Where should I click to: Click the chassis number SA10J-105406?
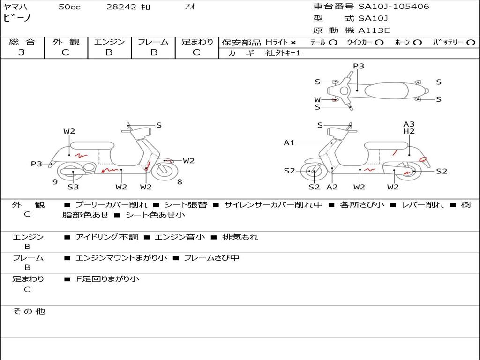click(394, 7)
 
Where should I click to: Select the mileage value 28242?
click(122, 7)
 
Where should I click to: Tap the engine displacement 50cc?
click(69, 7)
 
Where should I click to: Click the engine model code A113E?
click(374, 30)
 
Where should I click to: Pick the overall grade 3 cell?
click(22, 52)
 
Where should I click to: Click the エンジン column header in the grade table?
click(109, 42)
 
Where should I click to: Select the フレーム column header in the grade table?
click(153, 42)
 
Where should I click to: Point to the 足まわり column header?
click(197, 42)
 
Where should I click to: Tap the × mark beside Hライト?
click(293, 43)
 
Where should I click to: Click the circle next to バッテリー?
click(471, 43)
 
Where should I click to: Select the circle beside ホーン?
click(417, 43)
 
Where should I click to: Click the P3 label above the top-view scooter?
click(359, 66)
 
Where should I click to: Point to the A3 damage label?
click(409, 124)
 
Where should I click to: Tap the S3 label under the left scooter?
click(73, 187)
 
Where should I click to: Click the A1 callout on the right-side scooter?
click(289, 142)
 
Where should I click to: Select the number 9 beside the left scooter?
click(55, 182)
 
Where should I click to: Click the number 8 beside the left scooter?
click(180, 182)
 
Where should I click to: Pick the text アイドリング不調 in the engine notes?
click(107, 237)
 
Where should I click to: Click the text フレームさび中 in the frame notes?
click(211, 258)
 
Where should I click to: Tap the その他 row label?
click(28, 311)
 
